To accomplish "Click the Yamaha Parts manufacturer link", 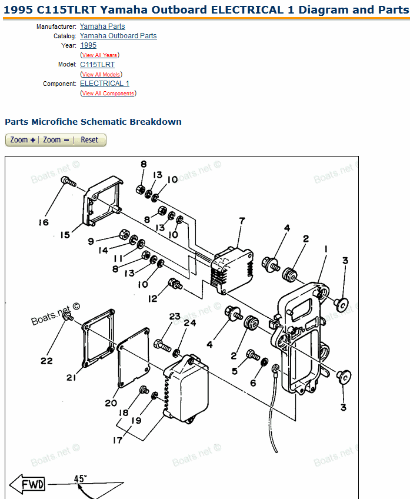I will pyautogui.click(x=102, y=26).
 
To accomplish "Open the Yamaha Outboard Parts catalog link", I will pyautogui.click(x=118, y=36).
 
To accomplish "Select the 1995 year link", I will pyautogui.click(x=88, y=45).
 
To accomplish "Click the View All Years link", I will pyautogui.click(x=99, y=55).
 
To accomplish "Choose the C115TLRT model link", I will pyautogui.click(x=97, y=65).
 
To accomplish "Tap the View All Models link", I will pyautogui.click(x=101, y=75).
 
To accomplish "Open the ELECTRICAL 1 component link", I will pyautogui.click(x=105, y=84).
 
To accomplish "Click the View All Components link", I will pyautogui.click(x=108, y=94).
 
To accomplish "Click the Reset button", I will pyautogui.click(x=89, y=140).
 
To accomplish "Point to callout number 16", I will pyautogui.click(x=44, y=222).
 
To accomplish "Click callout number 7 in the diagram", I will pyautogui.click(x=241, y=221).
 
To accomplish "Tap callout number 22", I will pyautogui.click(x=46, y=360).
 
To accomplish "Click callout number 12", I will pyautogui.click(x=153, y=298).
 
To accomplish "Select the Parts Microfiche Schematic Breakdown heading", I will pyautogui.click(x=93, y=122).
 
